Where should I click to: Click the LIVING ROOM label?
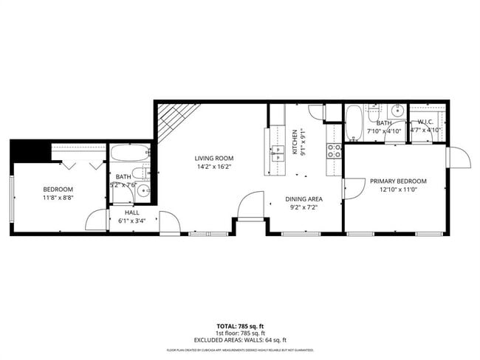[x=214, y=158]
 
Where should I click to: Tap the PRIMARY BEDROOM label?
[x=399, y=181]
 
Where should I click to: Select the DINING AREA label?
[x=304, y=198]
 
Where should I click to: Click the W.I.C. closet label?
[x=425, y=122]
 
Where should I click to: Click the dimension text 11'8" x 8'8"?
[x=62, y=198]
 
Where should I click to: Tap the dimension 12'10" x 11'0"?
[x=399, y=190]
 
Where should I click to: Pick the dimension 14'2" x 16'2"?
[x=214, y=167]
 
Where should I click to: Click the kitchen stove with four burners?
[x=334, y=151]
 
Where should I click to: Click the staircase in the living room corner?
[x=178, y=122]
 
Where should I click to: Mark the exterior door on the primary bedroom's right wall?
[x=458, y=158]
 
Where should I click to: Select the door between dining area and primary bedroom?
[x=352, y=189]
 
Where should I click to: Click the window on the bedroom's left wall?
[x=12, y=198]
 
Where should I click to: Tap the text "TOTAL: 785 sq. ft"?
[x=239, y=325]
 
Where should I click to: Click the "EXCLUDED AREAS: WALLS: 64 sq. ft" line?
[x=239, y=339]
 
